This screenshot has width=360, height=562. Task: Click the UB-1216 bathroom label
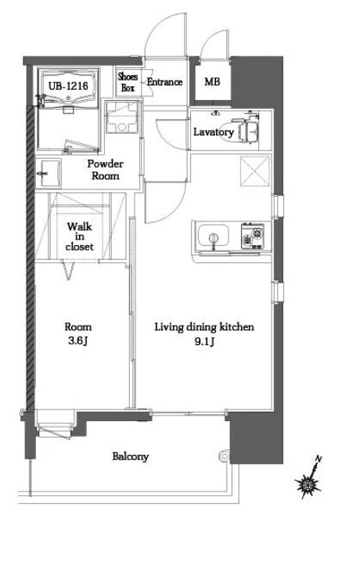coord(68,86)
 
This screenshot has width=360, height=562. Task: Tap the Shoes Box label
coord(128,82)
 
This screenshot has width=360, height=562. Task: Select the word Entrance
coord(164,82)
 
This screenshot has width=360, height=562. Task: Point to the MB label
coord(212,81)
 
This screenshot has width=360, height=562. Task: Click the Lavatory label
coord(214,132)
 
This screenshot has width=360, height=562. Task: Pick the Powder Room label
coord(106,170)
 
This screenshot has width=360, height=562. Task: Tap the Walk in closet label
coord(80,236)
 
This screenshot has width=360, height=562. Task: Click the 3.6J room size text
coord(78,340)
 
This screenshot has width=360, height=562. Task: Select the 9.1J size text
coord(204,341)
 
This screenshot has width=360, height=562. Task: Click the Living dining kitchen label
coord(204,327)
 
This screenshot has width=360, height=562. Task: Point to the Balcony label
coord(130,456)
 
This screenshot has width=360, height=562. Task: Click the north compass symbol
coord(309,478)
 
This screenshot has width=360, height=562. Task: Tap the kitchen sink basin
coord(213,236)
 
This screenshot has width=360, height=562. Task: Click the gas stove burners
coord(252,236)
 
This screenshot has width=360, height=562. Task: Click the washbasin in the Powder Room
coord(50,173)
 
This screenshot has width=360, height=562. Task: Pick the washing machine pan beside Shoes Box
coord(122,117)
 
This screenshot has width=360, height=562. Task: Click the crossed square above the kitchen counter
coord(254,171)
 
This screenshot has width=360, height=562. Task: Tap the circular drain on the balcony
coord(225,456)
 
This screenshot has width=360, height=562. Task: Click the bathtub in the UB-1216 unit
coord(68,88)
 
